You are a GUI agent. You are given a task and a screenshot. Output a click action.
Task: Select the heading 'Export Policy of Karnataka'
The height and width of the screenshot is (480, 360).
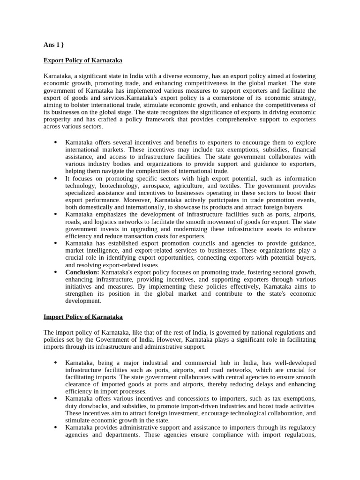point(83,60)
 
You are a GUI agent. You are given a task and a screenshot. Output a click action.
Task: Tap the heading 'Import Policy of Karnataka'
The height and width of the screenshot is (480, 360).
point(83,317)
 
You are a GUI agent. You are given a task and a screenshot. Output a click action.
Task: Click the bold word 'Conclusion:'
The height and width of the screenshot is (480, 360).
point(82,272)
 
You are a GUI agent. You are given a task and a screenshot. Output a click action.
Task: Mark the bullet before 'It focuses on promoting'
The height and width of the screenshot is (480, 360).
point(55,179)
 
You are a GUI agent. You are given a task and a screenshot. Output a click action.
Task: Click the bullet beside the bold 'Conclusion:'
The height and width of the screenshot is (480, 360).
point(55,272)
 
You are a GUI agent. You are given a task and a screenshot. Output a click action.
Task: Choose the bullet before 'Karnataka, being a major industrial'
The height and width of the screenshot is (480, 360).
point(55,363)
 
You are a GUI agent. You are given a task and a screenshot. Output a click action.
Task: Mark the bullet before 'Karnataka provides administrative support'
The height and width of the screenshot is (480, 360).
point(55,427)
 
